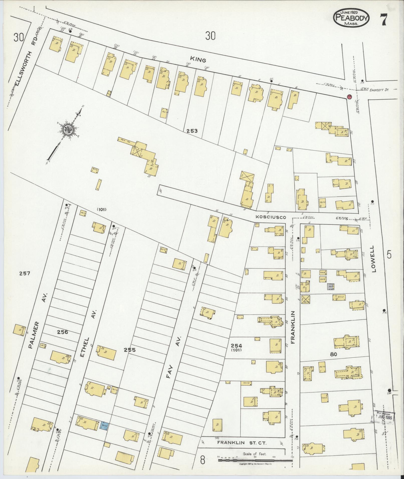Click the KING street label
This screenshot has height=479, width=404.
coord(198,60)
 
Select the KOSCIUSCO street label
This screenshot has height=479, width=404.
coord(271,217)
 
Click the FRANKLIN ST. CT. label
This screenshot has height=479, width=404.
coord(242,443)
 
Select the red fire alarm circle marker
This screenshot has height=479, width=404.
coord(349,96)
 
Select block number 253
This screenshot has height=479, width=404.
coord(192,131)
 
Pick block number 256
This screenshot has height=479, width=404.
coord(62,332)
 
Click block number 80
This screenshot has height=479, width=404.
coord(334,354)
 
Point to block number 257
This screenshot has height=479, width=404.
coord(25,273)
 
